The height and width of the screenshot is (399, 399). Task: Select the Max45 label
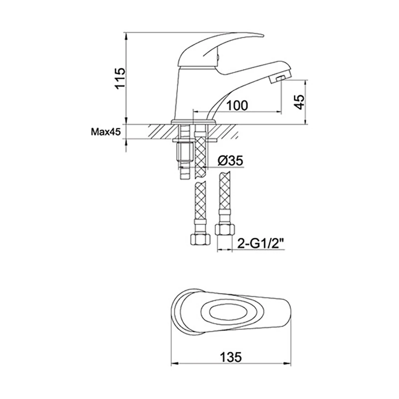105,132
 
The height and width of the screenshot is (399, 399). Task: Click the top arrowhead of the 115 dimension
126,35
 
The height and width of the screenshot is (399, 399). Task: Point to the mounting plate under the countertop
196,139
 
